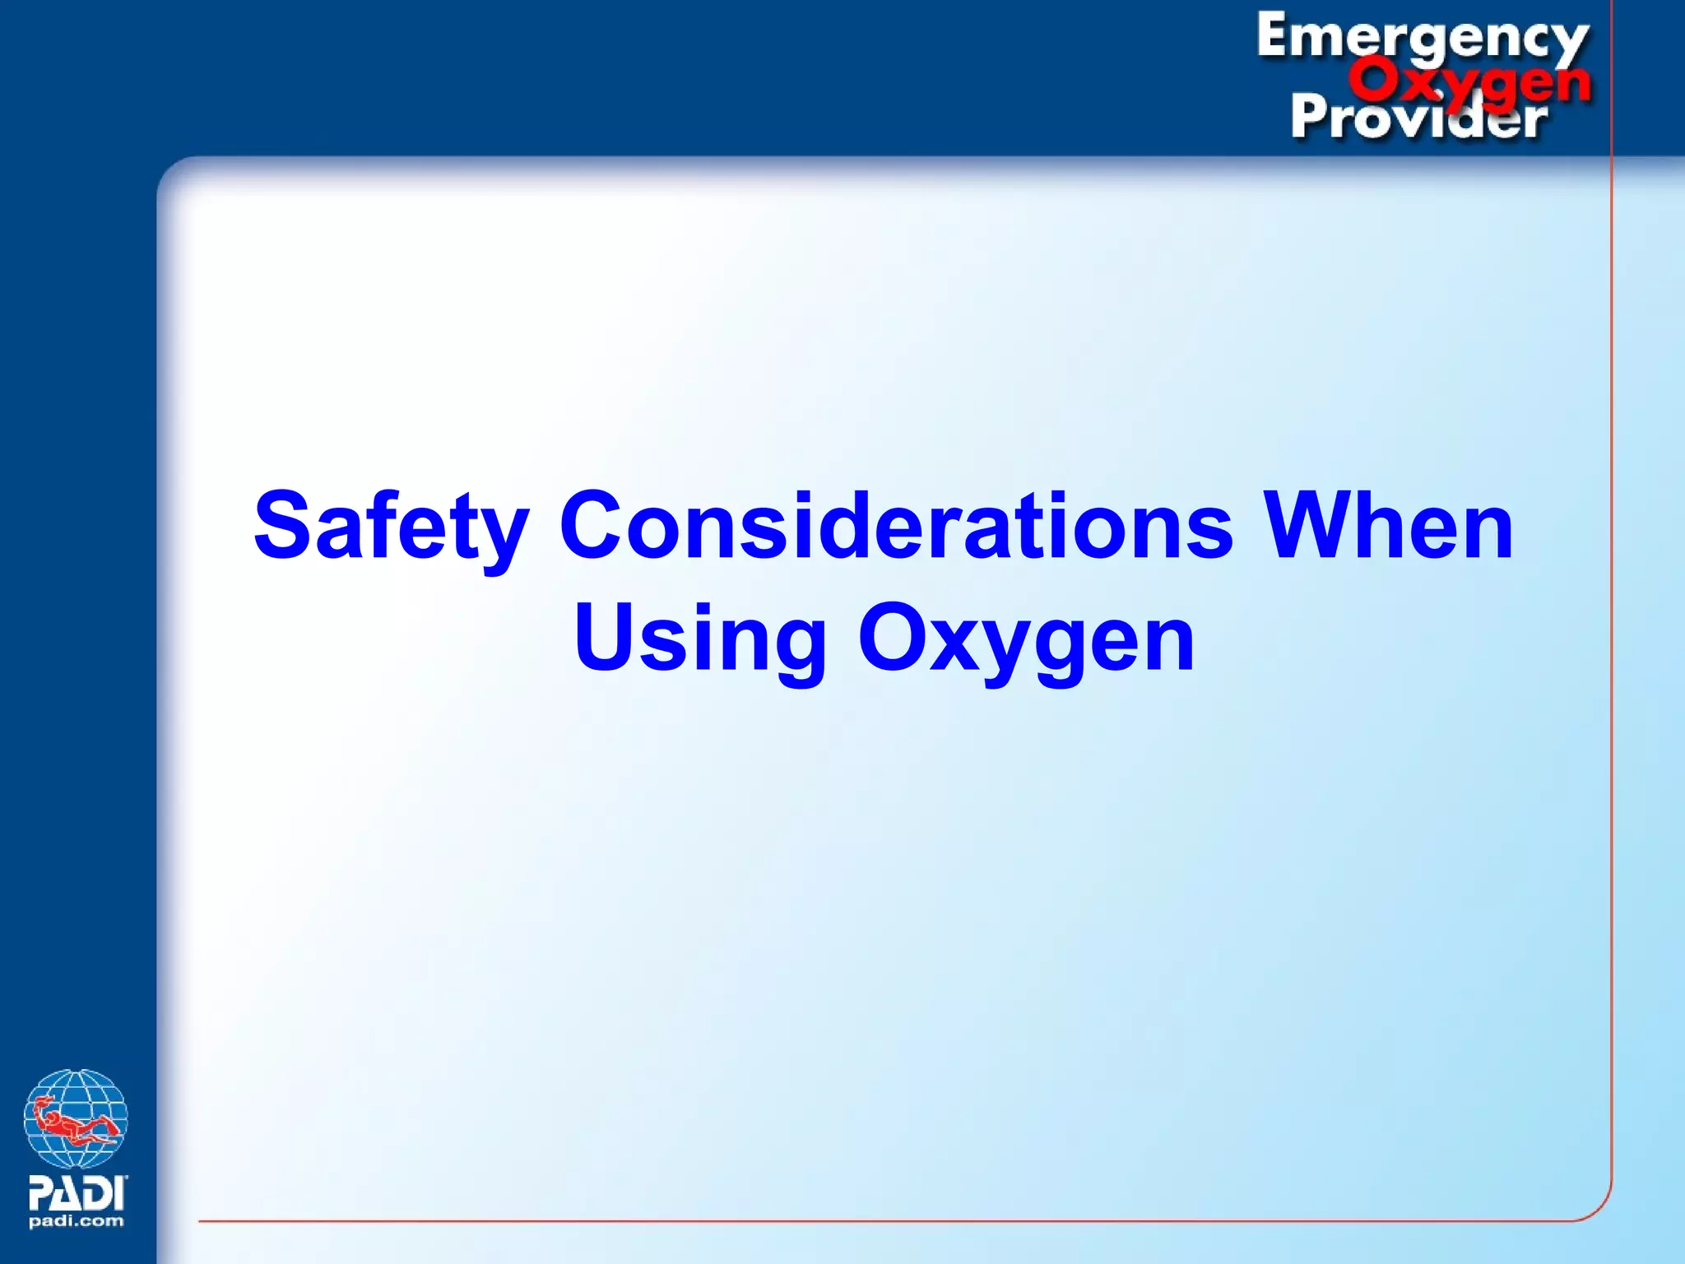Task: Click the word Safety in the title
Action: pos(391,527)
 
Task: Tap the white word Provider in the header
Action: pos(1419,118)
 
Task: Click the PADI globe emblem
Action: pos(76,1118)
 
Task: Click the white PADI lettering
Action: pos(77,1192)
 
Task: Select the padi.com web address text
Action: pos(77,1221)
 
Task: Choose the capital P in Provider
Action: pos(1309,116)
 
